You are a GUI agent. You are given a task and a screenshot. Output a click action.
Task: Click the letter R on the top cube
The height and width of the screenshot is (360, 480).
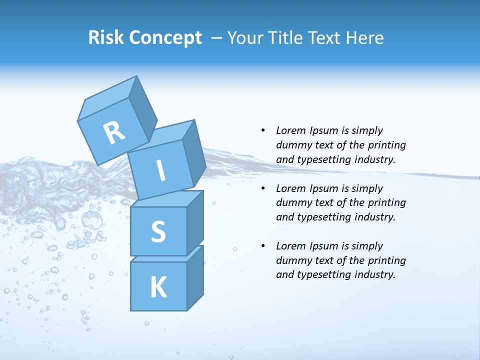(x=114, y=133)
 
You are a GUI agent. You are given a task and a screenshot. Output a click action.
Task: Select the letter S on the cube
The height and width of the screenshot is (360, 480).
(x=158, y=231)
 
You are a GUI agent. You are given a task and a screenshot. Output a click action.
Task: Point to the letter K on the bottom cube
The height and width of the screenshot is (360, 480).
(x=158, y=287)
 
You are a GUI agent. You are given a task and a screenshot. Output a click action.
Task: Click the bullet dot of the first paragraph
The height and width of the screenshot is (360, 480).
(x=262, y=130)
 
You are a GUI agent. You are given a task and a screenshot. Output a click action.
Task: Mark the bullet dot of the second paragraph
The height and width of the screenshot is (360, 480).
(x=262, y=188)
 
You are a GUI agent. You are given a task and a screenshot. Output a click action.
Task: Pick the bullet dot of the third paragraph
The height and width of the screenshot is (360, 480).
(x=262, y=246)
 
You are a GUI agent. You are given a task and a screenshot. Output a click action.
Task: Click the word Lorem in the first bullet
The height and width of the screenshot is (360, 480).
(x=291, y=130)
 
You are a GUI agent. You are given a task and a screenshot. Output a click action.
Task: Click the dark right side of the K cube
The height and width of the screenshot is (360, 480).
(x=195, y=277)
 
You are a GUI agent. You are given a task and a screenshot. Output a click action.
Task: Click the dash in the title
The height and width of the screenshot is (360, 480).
(x=217, y=38)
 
